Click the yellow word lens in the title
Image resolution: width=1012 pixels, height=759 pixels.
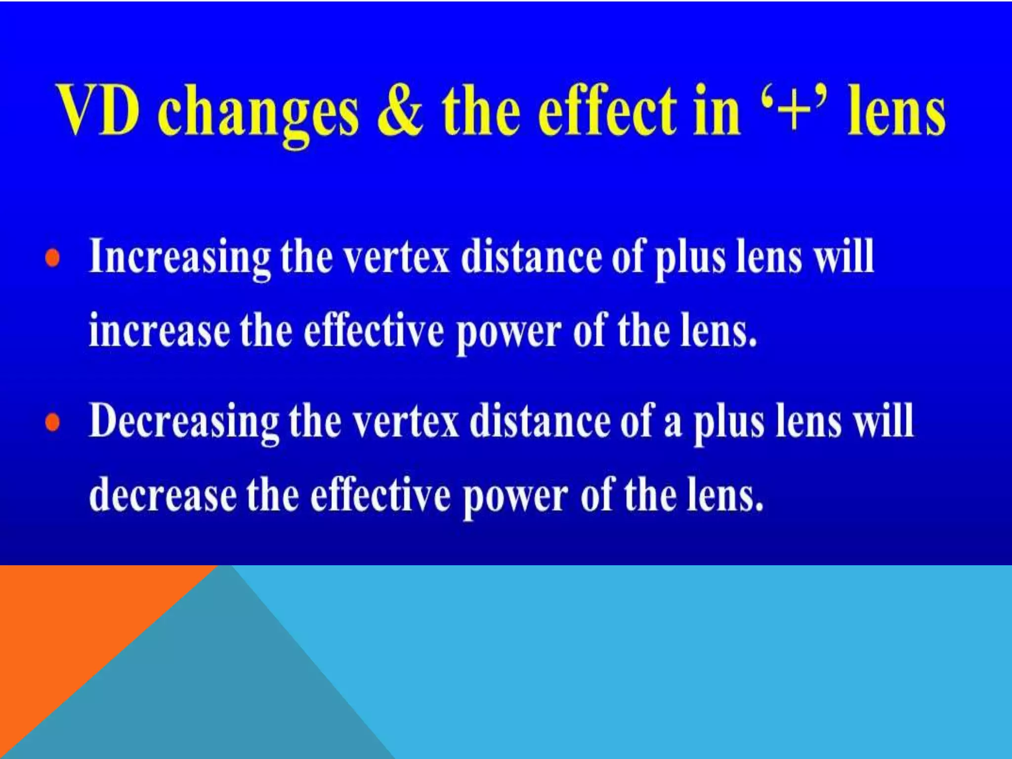(896, 111)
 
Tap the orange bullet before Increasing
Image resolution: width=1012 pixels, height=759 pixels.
(53, 258)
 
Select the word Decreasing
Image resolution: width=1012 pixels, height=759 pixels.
(184, 422)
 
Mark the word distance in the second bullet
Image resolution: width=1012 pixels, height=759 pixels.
(540, 422)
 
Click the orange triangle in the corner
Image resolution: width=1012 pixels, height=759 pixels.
(74, 642)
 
